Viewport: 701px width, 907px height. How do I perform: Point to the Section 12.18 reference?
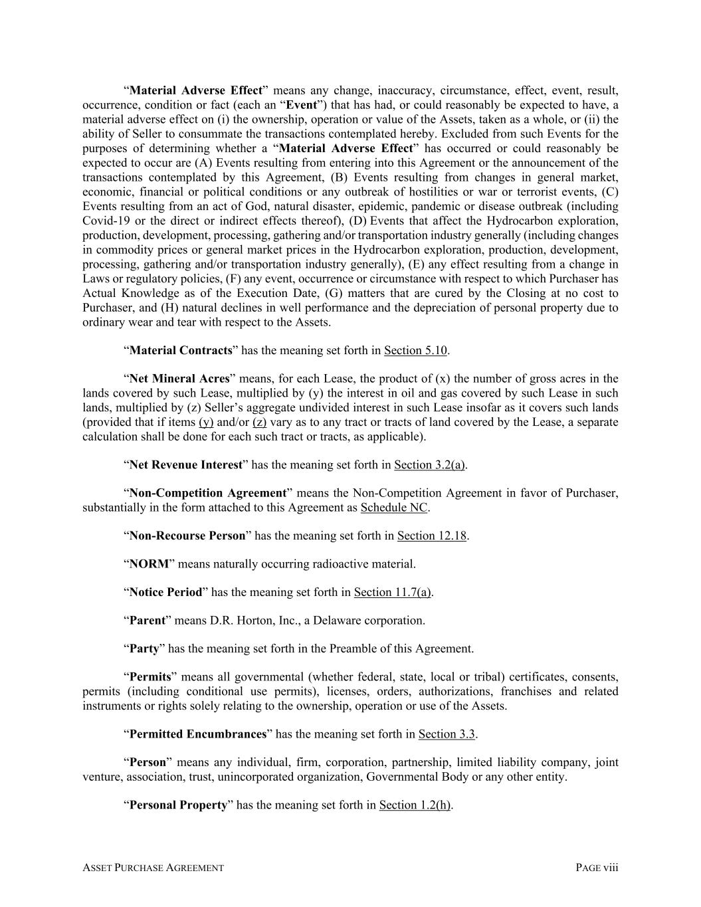coord(432,536)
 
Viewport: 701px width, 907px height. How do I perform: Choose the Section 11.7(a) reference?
coord(393,592)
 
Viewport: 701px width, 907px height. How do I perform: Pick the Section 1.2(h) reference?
coord(415,805)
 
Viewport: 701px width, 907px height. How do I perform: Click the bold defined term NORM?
coord(149,564)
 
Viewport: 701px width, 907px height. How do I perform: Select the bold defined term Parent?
coord(147,621)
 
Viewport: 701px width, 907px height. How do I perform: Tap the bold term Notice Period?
coord(165,592)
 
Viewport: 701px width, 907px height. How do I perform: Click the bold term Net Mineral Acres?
coord(179,379)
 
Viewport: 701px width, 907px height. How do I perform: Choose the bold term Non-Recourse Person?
coord(187,536)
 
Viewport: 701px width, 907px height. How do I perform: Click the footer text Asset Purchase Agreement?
coord(153,867)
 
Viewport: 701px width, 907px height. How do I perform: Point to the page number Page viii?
coord(597,867)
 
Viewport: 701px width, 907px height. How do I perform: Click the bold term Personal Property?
coord(178,805)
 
